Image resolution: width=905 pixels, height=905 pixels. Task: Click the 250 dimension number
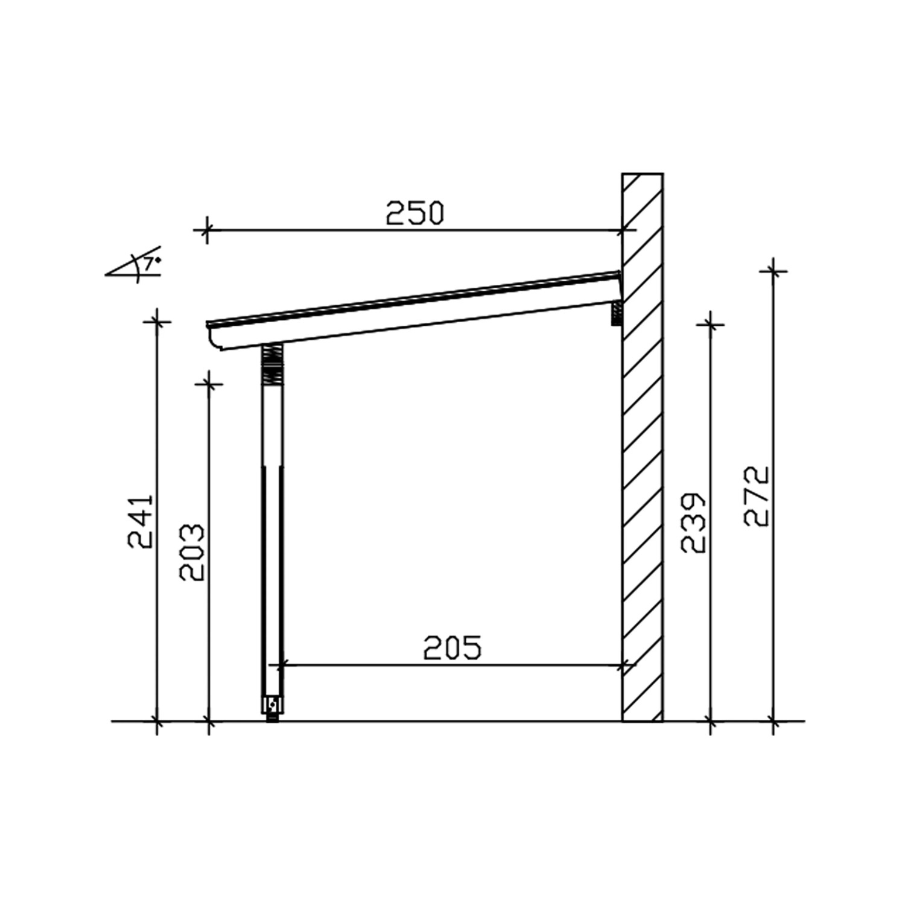pyautogui.click(x=414, y=213)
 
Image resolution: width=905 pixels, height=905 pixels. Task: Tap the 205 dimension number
pyautogui.click(x=453, y=647)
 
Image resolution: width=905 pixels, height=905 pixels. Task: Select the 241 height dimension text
pyautogui.click(x=142, y=522)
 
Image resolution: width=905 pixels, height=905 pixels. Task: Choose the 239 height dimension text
pyautogui.click(x=693, y=523)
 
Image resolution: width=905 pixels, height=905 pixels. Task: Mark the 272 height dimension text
pyautogui.click(x=757, y=496)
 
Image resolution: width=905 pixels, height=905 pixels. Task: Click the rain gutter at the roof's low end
pyautogui.click(x=220, y=338)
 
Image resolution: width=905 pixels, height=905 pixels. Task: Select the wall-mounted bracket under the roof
pyautogui.click(x=617, y=313)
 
